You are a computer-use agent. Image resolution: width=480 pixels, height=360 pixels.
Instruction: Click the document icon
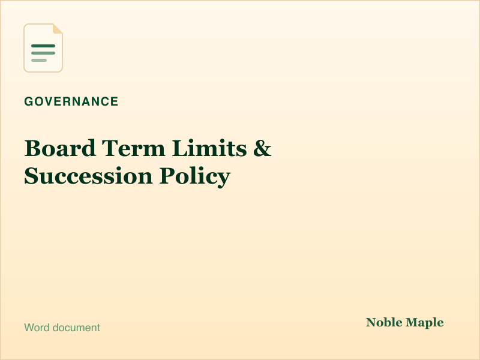(x=43, y=48)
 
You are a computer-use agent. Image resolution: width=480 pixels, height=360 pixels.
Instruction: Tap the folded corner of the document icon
(x=58, y=28)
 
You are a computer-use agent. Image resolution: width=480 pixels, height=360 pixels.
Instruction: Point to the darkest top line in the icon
(x=43, y=46)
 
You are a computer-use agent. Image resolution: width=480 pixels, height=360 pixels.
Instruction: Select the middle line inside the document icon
(x=43, y=53)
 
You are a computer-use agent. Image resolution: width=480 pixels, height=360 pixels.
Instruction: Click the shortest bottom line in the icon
(x=39, y=61)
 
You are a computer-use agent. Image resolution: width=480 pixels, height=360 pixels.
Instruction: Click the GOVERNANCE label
(x=71, y=101)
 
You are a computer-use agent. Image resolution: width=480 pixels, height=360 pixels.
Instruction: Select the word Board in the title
(x=60, y=148)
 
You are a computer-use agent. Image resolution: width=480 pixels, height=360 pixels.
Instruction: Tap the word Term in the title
(x=133, y=148)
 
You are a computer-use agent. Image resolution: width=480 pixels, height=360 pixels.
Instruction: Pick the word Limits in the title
(x=209, y=148)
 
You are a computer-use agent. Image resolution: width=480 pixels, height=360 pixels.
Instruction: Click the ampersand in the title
(x=262, y=148)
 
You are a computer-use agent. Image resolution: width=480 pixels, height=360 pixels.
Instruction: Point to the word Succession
(x=88, y=176)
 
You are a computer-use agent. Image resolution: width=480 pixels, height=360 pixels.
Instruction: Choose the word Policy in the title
(x=194, y=176)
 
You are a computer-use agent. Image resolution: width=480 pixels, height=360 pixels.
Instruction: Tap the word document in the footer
(x=76, y=328)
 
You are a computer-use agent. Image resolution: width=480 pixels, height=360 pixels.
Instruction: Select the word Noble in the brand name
(x=384, y=322)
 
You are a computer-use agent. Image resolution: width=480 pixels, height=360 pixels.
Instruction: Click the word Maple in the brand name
(x=425, y=323)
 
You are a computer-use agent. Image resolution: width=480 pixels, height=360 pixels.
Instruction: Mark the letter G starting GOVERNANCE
(x=29, y=101)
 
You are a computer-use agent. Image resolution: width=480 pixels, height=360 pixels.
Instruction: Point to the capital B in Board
(x=32, y=148)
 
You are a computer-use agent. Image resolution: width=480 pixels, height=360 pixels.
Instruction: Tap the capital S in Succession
(x=31, y=176)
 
